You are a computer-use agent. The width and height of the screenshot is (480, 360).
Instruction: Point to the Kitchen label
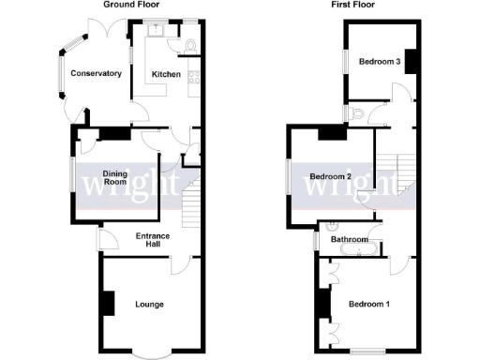(x=166, y=73)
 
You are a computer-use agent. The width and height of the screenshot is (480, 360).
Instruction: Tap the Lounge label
(x=150, y=304)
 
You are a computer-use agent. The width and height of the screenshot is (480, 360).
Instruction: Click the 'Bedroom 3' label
(x=382, y=62)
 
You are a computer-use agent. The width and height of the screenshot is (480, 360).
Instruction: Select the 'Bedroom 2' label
(x=330, y=176)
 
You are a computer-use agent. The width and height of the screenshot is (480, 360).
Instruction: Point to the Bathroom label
(x=349, y=239)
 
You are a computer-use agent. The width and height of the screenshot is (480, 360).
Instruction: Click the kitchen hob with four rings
(x=194, y=79)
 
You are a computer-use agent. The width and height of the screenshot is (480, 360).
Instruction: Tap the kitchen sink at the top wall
(x=157, y=29)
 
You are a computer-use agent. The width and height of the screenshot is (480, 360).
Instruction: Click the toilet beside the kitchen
(x=191, y=43)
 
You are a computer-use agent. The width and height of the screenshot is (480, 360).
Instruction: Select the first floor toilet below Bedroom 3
(x=353, y=112)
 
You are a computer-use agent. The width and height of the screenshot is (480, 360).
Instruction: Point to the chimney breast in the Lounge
(x=108, y=304)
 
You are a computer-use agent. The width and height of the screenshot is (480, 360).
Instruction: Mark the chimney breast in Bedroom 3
(x=409, y=62)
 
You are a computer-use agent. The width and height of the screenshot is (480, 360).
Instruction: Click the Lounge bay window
(x=150, y=354)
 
